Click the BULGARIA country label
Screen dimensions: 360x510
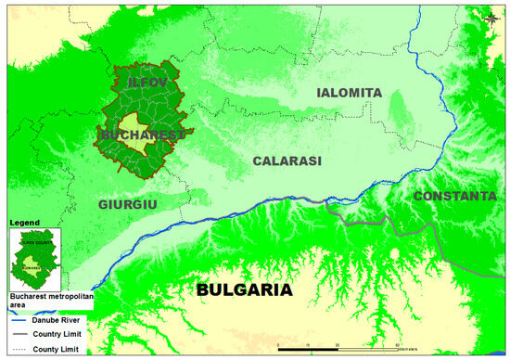pos(245,290)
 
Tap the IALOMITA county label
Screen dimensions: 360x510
pos(349,93)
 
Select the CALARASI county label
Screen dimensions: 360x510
pos(287,161)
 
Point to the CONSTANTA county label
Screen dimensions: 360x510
pos(454,196)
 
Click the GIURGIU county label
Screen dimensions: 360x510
pos(128,203)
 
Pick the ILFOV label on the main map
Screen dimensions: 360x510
pos(148,84)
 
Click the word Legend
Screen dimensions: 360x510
pos(23,224)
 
